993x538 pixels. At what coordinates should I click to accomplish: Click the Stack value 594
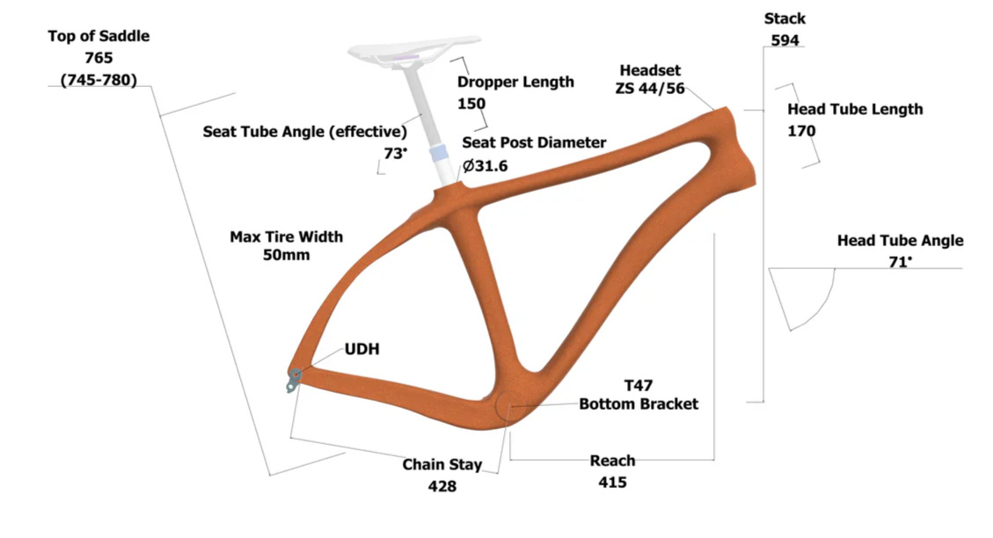[785, 40]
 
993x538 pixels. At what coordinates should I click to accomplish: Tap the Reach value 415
[612, 483]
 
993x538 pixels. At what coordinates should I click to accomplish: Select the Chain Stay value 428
[442, 486]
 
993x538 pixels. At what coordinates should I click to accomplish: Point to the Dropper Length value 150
[471, 104]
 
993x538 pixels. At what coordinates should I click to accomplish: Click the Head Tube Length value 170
[801, 131]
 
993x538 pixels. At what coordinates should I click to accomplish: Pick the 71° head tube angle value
[900, 261]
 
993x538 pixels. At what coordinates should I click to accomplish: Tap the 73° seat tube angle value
[395, 153]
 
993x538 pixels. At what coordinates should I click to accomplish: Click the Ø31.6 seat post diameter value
[486, 166]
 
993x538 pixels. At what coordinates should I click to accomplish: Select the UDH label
[361, 349]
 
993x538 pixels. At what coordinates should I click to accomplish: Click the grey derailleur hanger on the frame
[293, 380]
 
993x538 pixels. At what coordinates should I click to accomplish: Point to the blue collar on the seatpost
[438, 153]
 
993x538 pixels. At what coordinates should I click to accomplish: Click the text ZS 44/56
[650, 89]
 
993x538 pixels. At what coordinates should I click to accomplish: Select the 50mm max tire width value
[286, 255]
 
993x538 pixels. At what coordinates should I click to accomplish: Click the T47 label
[639, 385]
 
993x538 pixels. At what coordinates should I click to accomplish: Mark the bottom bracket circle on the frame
[509, 406]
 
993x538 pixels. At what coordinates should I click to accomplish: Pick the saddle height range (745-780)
[99, 80]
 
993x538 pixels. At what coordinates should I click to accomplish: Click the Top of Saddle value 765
[99, 58]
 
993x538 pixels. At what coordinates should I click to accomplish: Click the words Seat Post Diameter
[534, 142]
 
